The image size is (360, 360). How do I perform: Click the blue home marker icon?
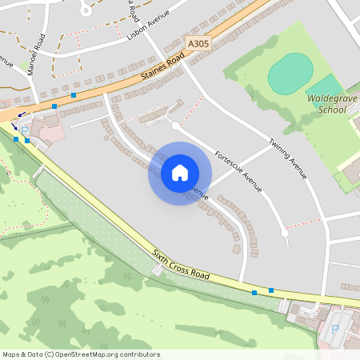pyautogui.click(x=180, y=173)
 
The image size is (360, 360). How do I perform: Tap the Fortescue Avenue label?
pyautogui.click(x=238, y=170)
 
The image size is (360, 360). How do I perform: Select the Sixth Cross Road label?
pyautogui.click(x=181, y=265)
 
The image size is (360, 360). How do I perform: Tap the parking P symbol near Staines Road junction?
pyautogui.click(x=24, y=130)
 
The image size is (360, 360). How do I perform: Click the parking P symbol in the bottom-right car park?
pyautogui.click(x=335, y=328)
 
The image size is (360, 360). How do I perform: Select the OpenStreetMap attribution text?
pyautogui.click(x=80, y=354)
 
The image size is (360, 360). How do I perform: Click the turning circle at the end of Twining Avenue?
pyautogui.click(x=284, y=233)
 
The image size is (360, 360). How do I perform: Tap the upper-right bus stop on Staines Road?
pyautogui.click(x=74, y=95)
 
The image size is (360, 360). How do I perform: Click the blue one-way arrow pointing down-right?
pyautogui.click(x=14, y=126)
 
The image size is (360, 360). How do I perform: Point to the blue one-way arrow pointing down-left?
pyautogui.click(x=22, y=115)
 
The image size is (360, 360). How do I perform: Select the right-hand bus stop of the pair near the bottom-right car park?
pyautogui.click(x=271, y=290)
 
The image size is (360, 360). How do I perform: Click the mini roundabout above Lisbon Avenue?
pyautogui.click(x=86, y=9)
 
